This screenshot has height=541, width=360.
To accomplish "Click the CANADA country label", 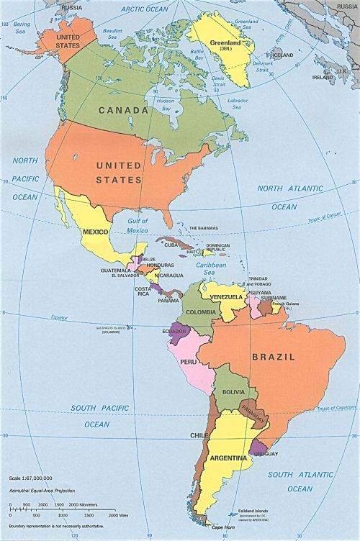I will (x=124, y=111).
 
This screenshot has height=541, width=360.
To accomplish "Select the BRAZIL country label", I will (x=274, y=356).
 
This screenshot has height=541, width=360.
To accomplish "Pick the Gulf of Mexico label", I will (x=135, y=227).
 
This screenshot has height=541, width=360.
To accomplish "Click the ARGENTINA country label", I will (x=229, y=458).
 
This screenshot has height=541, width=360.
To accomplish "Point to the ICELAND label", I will (x=283, y=55).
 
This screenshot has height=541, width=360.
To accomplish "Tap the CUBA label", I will (x=171, y=245).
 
